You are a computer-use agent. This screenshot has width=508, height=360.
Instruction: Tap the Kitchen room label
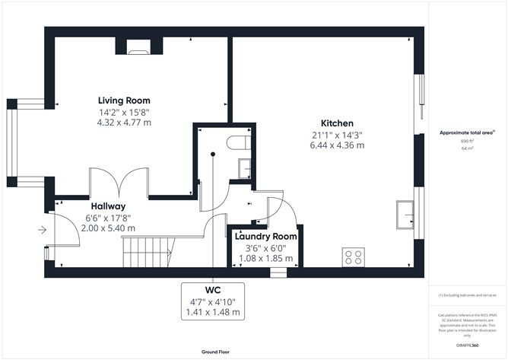point(337,123)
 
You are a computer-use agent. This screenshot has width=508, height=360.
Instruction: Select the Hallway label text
point(108,206)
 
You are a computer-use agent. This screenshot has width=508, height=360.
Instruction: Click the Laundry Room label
point(265,236)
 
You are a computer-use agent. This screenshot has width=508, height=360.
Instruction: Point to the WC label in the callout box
point(213,291)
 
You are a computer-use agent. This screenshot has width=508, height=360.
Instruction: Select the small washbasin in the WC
point(245,167)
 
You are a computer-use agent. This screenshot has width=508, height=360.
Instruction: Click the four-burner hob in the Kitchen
point(354,256)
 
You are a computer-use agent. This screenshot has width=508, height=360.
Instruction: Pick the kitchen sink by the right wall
point(405,215)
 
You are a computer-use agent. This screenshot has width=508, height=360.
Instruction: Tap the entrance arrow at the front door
point(41,230)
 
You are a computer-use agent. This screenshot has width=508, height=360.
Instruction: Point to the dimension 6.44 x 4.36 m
point(337,145)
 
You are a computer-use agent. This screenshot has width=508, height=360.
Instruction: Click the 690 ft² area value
point(467,142)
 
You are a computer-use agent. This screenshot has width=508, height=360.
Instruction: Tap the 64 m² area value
point(467,149)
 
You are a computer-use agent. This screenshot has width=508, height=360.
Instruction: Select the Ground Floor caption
point(216,352)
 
